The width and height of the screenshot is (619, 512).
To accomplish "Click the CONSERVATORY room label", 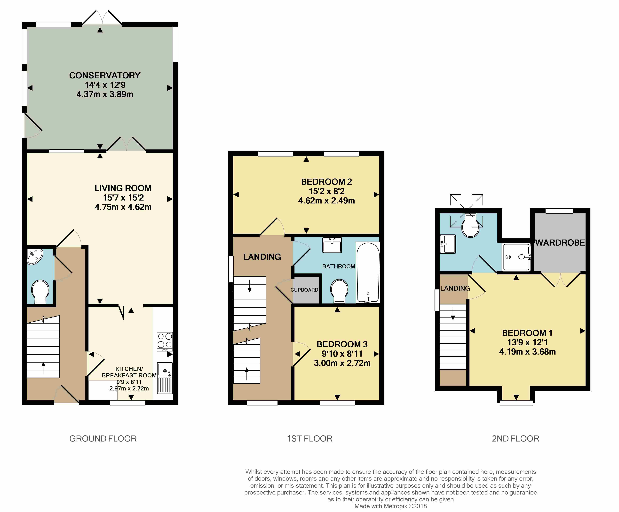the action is tap(105, 75).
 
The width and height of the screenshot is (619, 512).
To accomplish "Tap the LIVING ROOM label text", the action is tap(123, 188).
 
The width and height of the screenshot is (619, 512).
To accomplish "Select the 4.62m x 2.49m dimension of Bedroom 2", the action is tap(326, 201).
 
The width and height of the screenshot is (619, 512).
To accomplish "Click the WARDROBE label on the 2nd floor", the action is tap(560, 243).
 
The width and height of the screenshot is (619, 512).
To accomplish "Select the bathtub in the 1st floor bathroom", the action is tap(368, 272).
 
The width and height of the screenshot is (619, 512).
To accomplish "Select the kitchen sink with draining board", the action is tap(165, 378).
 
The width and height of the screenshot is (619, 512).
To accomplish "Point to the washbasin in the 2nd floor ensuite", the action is tap(448, 244).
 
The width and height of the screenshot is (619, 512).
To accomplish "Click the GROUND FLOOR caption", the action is tap(103, 439).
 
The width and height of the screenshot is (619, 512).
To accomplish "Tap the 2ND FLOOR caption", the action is tap(516, 439).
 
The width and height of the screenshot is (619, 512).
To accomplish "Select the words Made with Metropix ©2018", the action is tap(391, 506).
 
